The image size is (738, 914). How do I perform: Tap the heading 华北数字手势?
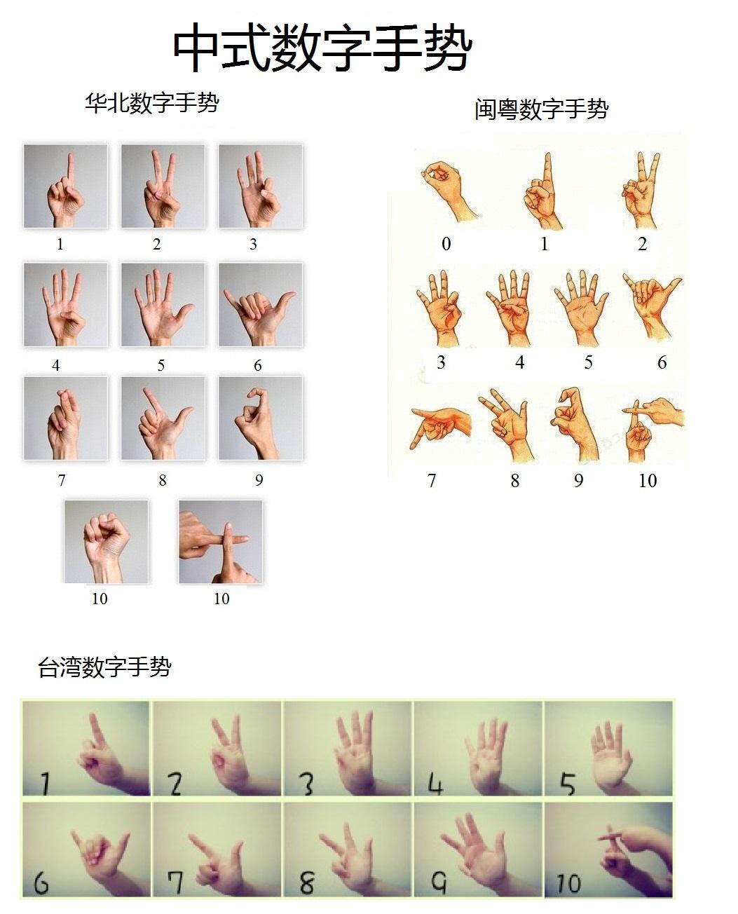151,103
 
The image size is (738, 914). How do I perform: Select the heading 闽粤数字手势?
541,109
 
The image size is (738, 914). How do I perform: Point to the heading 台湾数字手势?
104,667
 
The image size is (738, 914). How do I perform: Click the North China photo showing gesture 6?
260,305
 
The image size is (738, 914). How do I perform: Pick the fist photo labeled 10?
106,541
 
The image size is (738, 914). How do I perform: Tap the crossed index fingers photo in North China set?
220,541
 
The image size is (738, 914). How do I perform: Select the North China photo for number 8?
163,418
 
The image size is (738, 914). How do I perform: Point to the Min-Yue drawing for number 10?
651,429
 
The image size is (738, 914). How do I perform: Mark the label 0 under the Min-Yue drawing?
446,244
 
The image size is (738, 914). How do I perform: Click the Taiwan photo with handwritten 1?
86,748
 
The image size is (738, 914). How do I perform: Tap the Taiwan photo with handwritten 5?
608,748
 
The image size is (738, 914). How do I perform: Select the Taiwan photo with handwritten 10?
608,850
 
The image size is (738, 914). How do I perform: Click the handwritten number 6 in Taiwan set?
41,882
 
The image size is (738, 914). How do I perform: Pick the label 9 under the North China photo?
259,480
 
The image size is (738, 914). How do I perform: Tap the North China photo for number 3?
260,186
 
